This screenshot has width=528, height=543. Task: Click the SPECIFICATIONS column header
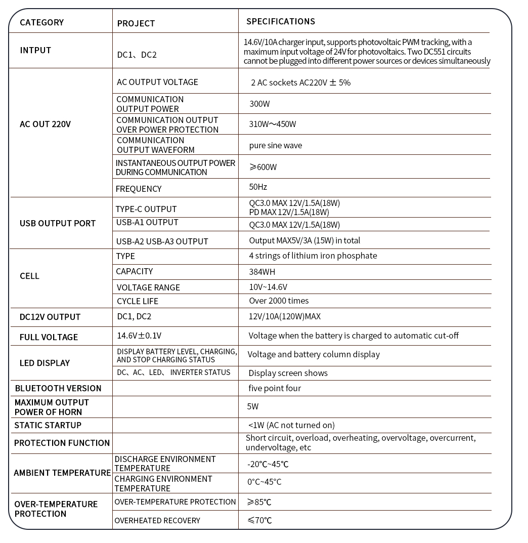click(280, 21)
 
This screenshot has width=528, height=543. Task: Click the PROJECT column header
click(136, 23)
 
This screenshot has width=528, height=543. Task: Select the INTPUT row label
click(35, 50)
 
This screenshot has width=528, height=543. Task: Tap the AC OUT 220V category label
click(45, 124)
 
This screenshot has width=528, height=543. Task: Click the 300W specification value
click(259, 104)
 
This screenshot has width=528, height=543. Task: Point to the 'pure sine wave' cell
click(275, 145)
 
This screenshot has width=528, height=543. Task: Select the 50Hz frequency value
click(258, 187)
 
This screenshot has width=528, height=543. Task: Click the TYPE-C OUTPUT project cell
click(146, 209)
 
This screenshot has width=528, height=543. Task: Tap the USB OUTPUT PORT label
click(57, 223)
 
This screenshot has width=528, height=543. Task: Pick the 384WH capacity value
click(262, 272)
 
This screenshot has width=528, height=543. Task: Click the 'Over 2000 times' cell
click(279, 301)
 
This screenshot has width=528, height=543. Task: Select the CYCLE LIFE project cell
click(137, 301)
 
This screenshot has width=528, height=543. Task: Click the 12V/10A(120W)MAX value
click(284, 316)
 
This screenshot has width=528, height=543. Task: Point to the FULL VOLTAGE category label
click(49, 337)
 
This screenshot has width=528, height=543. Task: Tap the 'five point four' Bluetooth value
click(275, 388)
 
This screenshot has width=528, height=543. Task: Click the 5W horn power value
click(253, 406)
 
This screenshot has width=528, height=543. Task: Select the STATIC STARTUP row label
click(48, 425)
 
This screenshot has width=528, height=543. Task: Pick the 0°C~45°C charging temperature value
click(264, 482)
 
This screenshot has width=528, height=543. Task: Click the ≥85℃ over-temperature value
click(259, 502)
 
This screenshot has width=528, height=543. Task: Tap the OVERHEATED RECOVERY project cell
click(157, 520)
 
